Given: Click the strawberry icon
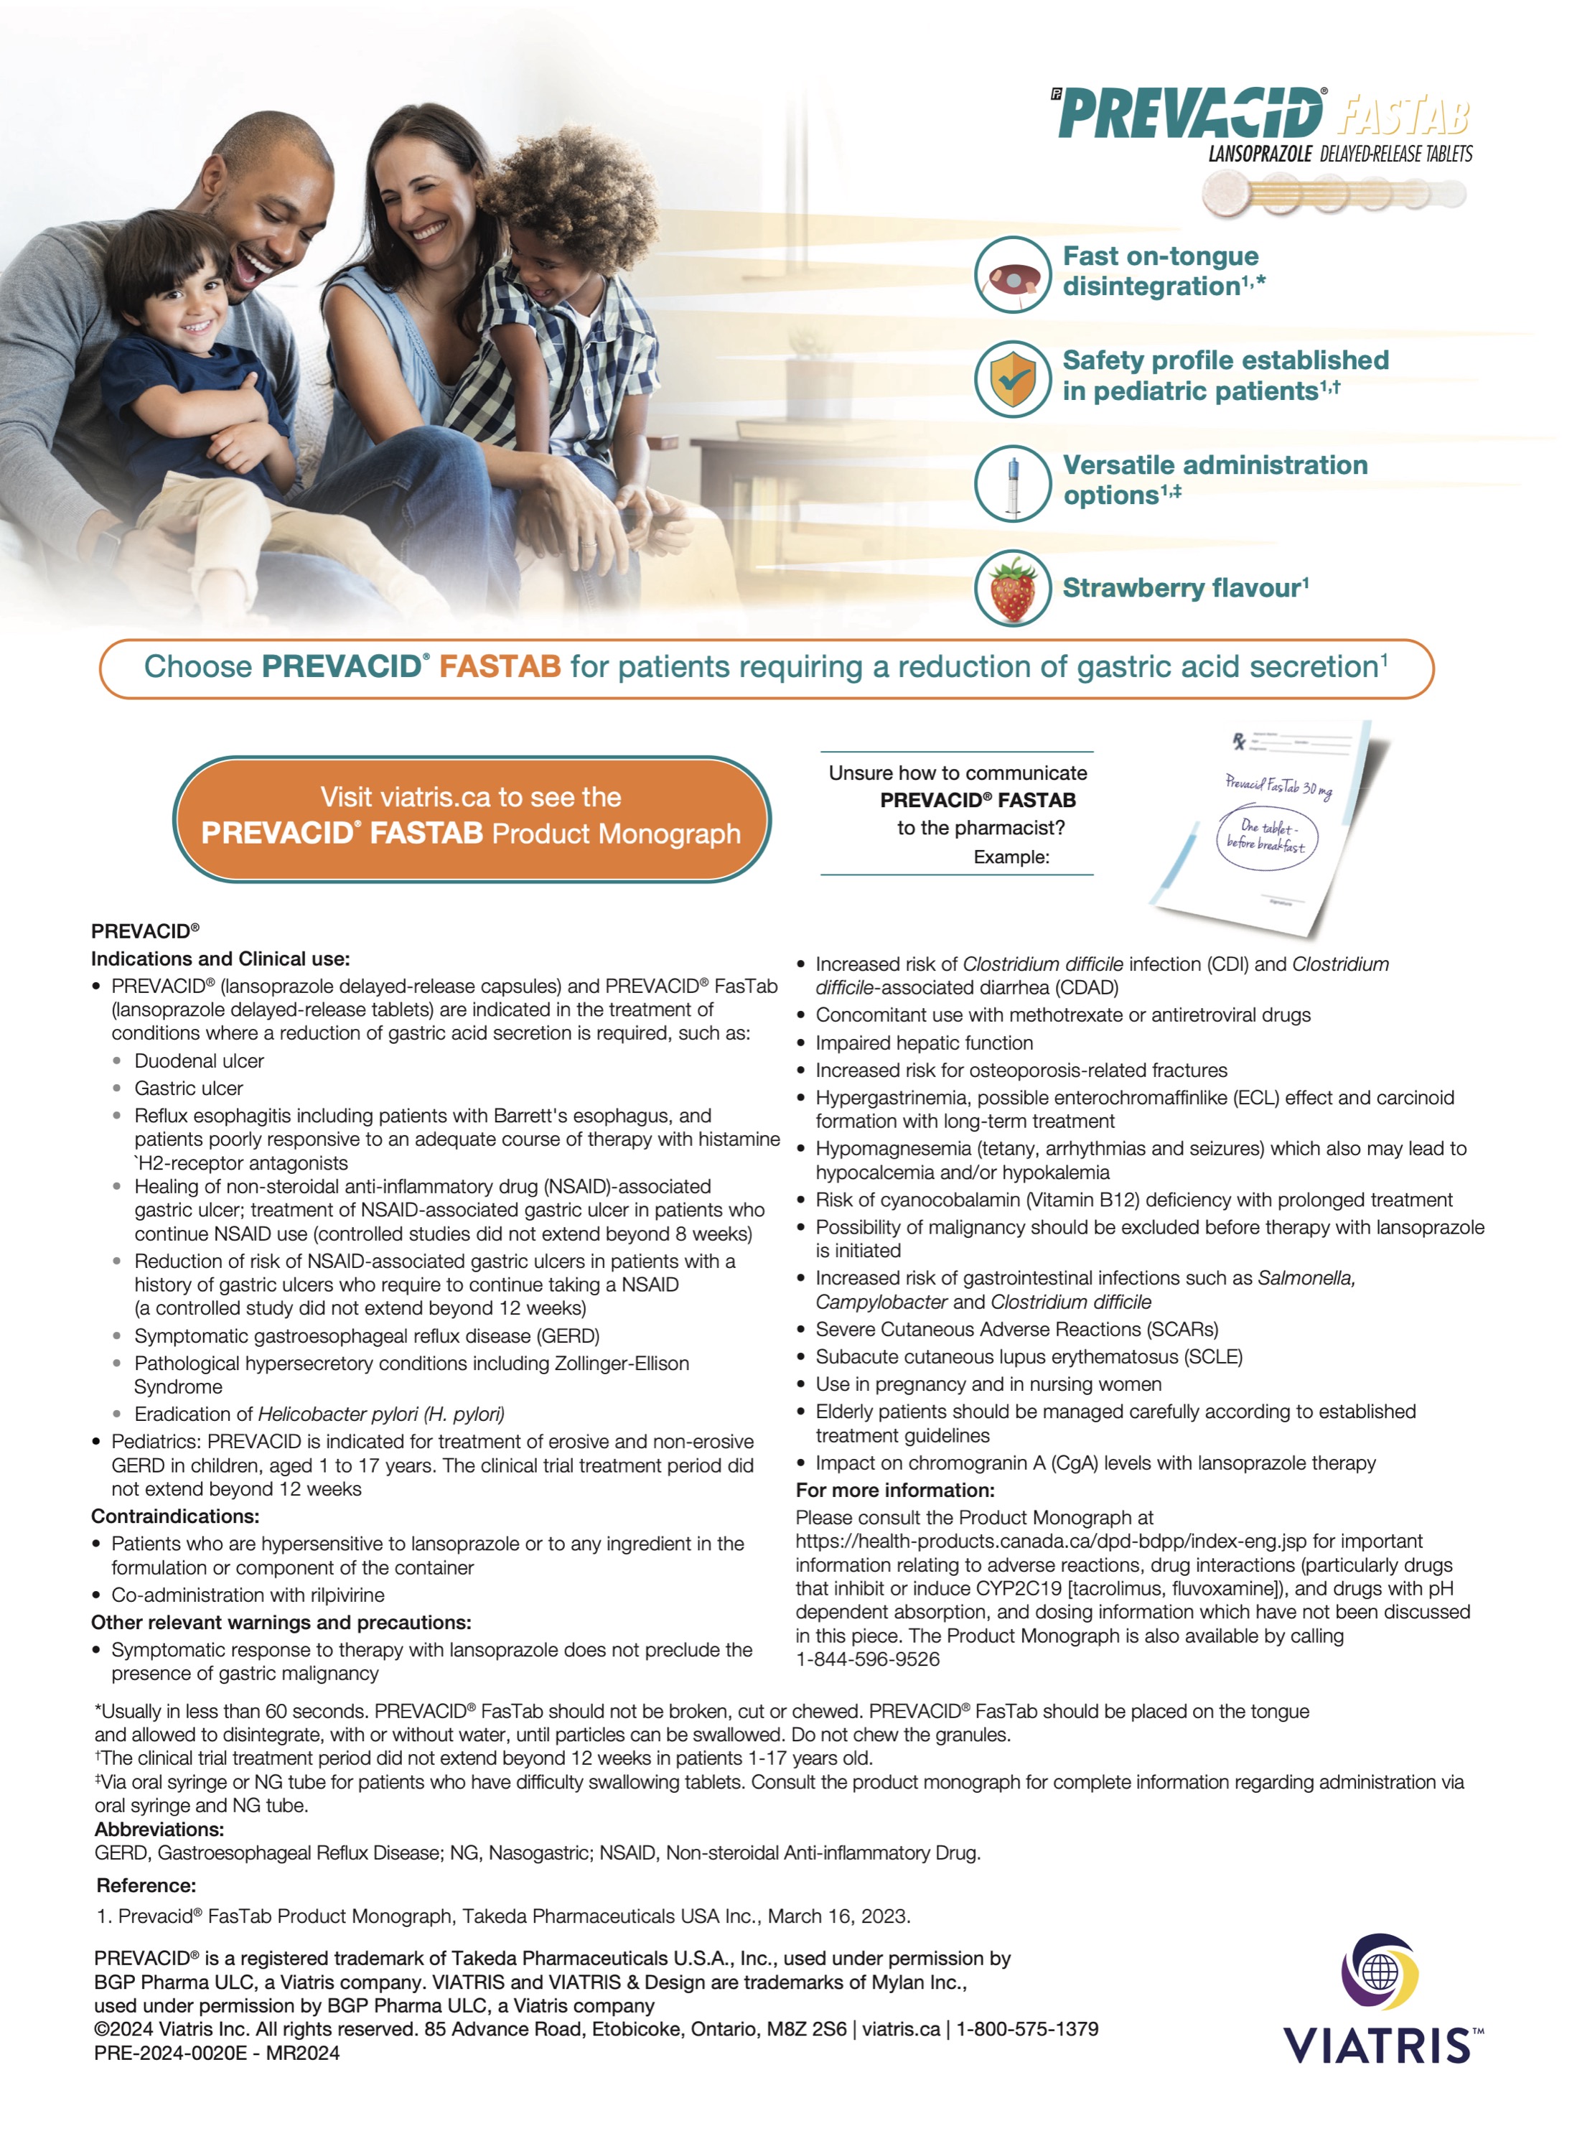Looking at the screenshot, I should (1012, 588).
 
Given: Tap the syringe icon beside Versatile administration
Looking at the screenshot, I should (1012, 483).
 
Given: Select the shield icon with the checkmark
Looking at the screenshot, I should (1012, 379).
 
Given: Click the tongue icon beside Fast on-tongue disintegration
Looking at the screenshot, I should (1012, 275).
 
